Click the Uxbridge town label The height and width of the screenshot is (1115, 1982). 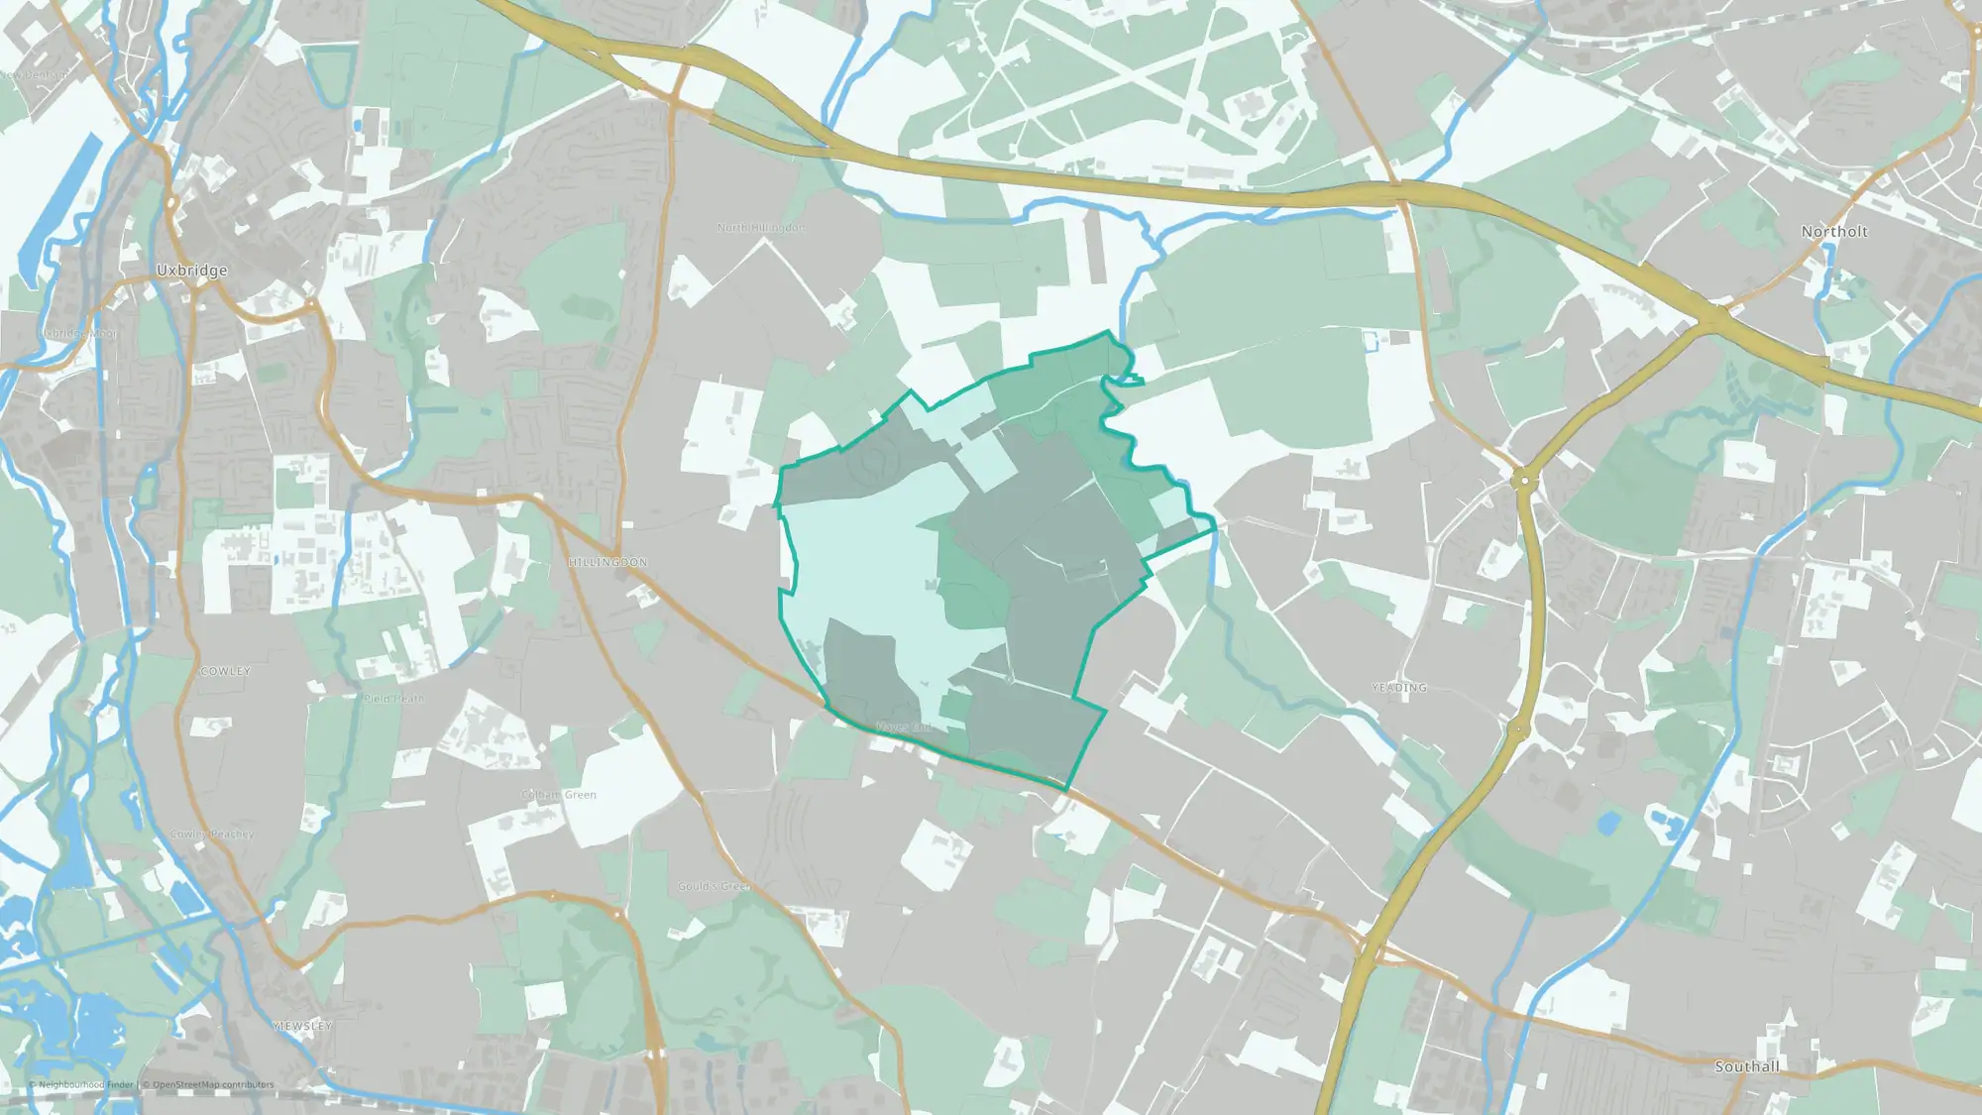pyautogui.click(x=191, y=271)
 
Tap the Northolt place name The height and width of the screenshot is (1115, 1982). pyautogui.click(x=1833, y=232)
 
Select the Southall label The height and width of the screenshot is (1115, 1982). pyautogui.click(x=1746, y=1066)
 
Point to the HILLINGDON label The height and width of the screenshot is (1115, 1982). pyautogui.click(x=607, y=562)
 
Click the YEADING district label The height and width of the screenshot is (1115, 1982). pyautogui.click(x=1398, y=687)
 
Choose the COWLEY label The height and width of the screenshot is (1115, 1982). pyautogui.click(x=225, y=671)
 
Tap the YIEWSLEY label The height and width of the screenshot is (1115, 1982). pyautogui.click(x=301, y=1026)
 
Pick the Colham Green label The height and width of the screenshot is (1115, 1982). pyautogui.click(x=559, y=795)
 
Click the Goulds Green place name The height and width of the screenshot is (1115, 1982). pyautogui.click(x=714, y=886)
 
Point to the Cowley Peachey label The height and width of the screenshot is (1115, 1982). pyautogui.click(x=211, y=835)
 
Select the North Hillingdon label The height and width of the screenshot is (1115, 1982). pyautogui.click(x=760, y=228)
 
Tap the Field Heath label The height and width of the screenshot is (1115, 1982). pyautogui.click(x=393, y=699)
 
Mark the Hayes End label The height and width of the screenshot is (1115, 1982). pyautogui.click(x=903, y=727)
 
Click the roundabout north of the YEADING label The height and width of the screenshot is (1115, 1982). pyautogui.click(x=1523, y=480)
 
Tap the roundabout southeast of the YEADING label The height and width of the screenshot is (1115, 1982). pyautogui.click(x=1518, y=730)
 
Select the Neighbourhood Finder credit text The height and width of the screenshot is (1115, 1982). pyautogui.click(x=85, y=1084)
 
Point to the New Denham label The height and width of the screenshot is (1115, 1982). pyautogui.click(x=35, y=75)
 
